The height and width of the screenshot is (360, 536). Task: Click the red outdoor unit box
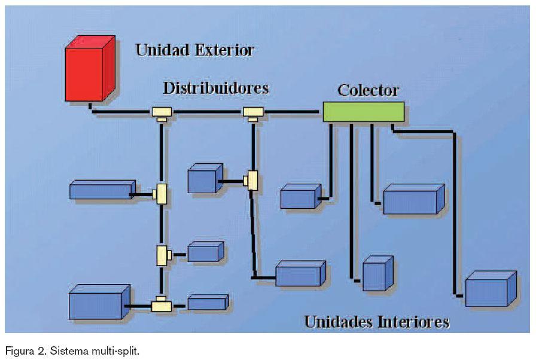pos(89,69)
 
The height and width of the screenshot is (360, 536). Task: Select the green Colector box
pos(363,112)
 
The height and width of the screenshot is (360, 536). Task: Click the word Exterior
pos(222,50)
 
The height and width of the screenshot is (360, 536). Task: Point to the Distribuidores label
pos(215,88)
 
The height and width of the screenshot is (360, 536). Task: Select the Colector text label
pos(368,90)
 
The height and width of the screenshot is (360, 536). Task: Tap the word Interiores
pos(413,322)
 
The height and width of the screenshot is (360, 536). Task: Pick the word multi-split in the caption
pos(118,350)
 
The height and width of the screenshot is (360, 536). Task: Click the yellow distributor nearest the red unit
pos(162,112)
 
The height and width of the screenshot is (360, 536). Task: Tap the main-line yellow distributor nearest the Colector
pos(253,112)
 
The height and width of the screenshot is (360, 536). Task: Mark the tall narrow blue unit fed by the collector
pos(376,274)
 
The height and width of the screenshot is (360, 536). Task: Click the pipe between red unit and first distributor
pos(123,111)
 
